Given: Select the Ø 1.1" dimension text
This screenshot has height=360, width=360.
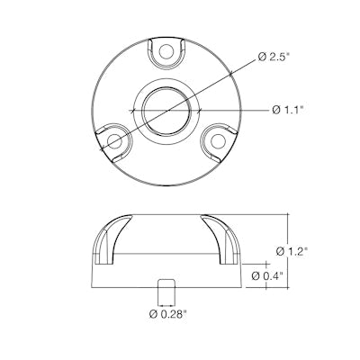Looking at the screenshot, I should [289, 110].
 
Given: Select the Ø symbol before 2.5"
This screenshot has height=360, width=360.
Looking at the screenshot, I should [261, 58].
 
